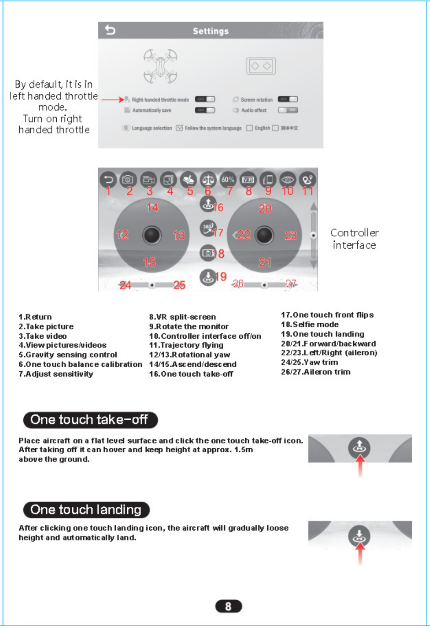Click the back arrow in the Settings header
tap(110, 30)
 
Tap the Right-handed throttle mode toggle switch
tap(204, 99)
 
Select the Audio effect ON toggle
tap(288, 110)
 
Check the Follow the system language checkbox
tap(179, 128)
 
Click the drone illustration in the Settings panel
tap(160, 66)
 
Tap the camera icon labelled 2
tap(128, 179)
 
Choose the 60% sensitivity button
tap(228, 179)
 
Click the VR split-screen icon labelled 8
tap(248, 179)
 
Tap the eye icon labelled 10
tap(288, 179)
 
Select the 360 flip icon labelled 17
tap(208, 227)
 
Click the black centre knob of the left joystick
tap(151, 235)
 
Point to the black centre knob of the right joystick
tap(264, 235)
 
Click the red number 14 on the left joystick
tap(152, 207)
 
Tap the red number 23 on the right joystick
tap(291, 235)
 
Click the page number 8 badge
tap(228, 606)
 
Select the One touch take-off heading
tap(90, 420)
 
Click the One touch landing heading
tap(86, 510)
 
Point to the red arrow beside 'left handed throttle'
tap(113, 99)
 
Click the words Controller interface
tap(355, 239)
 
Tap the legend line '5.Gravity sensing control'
tap(68, 355)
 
